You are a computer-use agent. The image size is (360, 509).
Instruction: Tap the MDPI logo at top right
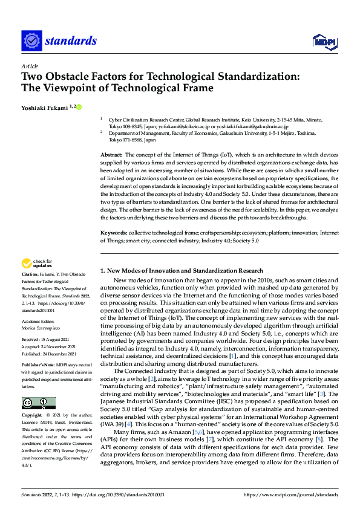point(324,41)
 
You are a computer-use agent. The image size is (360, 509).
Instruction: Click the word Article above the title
point(30,65)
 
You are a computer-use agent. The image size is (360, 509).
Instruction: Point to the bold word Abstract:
point(111,155)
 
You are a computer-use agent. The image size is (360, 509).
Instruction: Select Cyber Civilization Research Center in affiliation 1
point(146,120)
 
